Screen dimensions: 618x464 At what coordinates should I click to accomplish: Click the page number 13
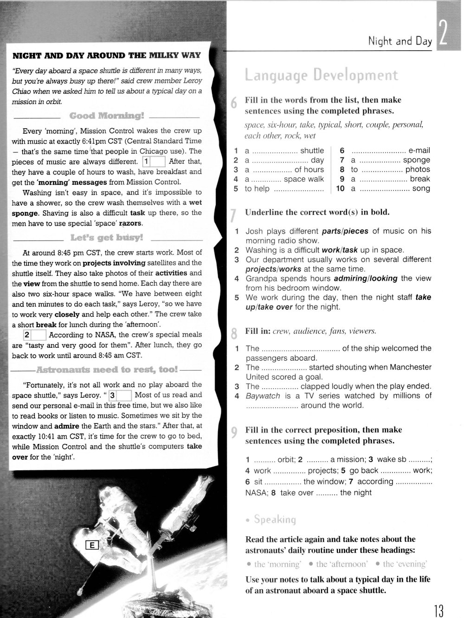click(x=438, y=610)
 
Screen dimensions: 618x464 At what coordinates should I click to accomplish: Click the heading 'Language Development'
click(x=321, y=75)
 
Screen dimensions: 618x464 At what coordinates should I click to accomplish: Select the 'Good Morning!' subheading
click(x=107, y=116)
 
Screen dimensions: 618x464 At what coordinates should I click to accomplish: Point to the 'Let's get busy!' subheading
click(x=107, y=238)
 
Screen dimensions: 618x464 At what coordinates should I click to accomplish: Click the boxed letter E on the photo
click(x=92, y=545)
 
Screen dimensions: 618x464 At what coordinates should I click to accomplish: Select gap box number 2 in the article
click(x=34, y=335)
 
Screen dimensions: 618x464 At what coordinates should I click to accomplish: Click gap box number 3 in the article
click(x=120, y=396)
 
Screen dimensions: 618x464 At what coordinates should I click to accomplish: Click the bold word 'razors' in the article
click(x=131, y=223)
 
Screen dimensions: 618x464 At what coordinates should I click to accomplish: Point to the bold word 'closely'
click(x=67, y=314)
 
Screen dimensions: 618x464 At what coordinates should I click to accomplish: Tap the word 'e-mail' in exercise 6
click(x=419, y=150)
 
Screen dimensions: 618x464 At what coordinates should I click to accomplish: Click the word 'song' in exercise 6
click(x=421, y=189)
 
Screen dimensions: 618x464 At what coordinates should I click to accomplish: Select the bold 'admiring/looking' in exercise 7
click(x=365, y=279)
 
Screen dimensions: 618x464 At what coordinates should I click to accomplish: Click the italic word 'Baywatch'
click(x=263, y=396)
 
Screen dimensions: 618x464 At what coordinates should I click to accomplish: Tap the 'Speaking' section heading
click(x=274, y=520)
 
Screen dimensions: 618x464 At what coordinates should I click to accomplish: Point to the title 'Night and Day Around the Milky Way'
click(x=107, y=56)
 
